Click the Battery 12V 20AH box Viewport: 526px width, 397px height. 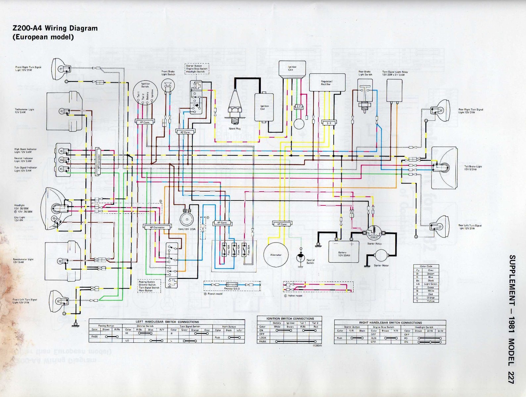click(343, 252)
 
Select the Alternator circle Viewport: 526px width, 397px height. click(276, 254)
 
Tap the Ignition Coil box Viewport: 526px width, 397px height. click(264, 107)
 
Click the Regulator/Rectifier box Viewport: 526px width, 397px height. click(326, 82)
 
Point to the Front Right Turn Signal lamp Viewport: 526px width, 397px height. click(60, 69)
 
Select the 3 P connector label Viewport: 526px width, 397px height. click(329, 123)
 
